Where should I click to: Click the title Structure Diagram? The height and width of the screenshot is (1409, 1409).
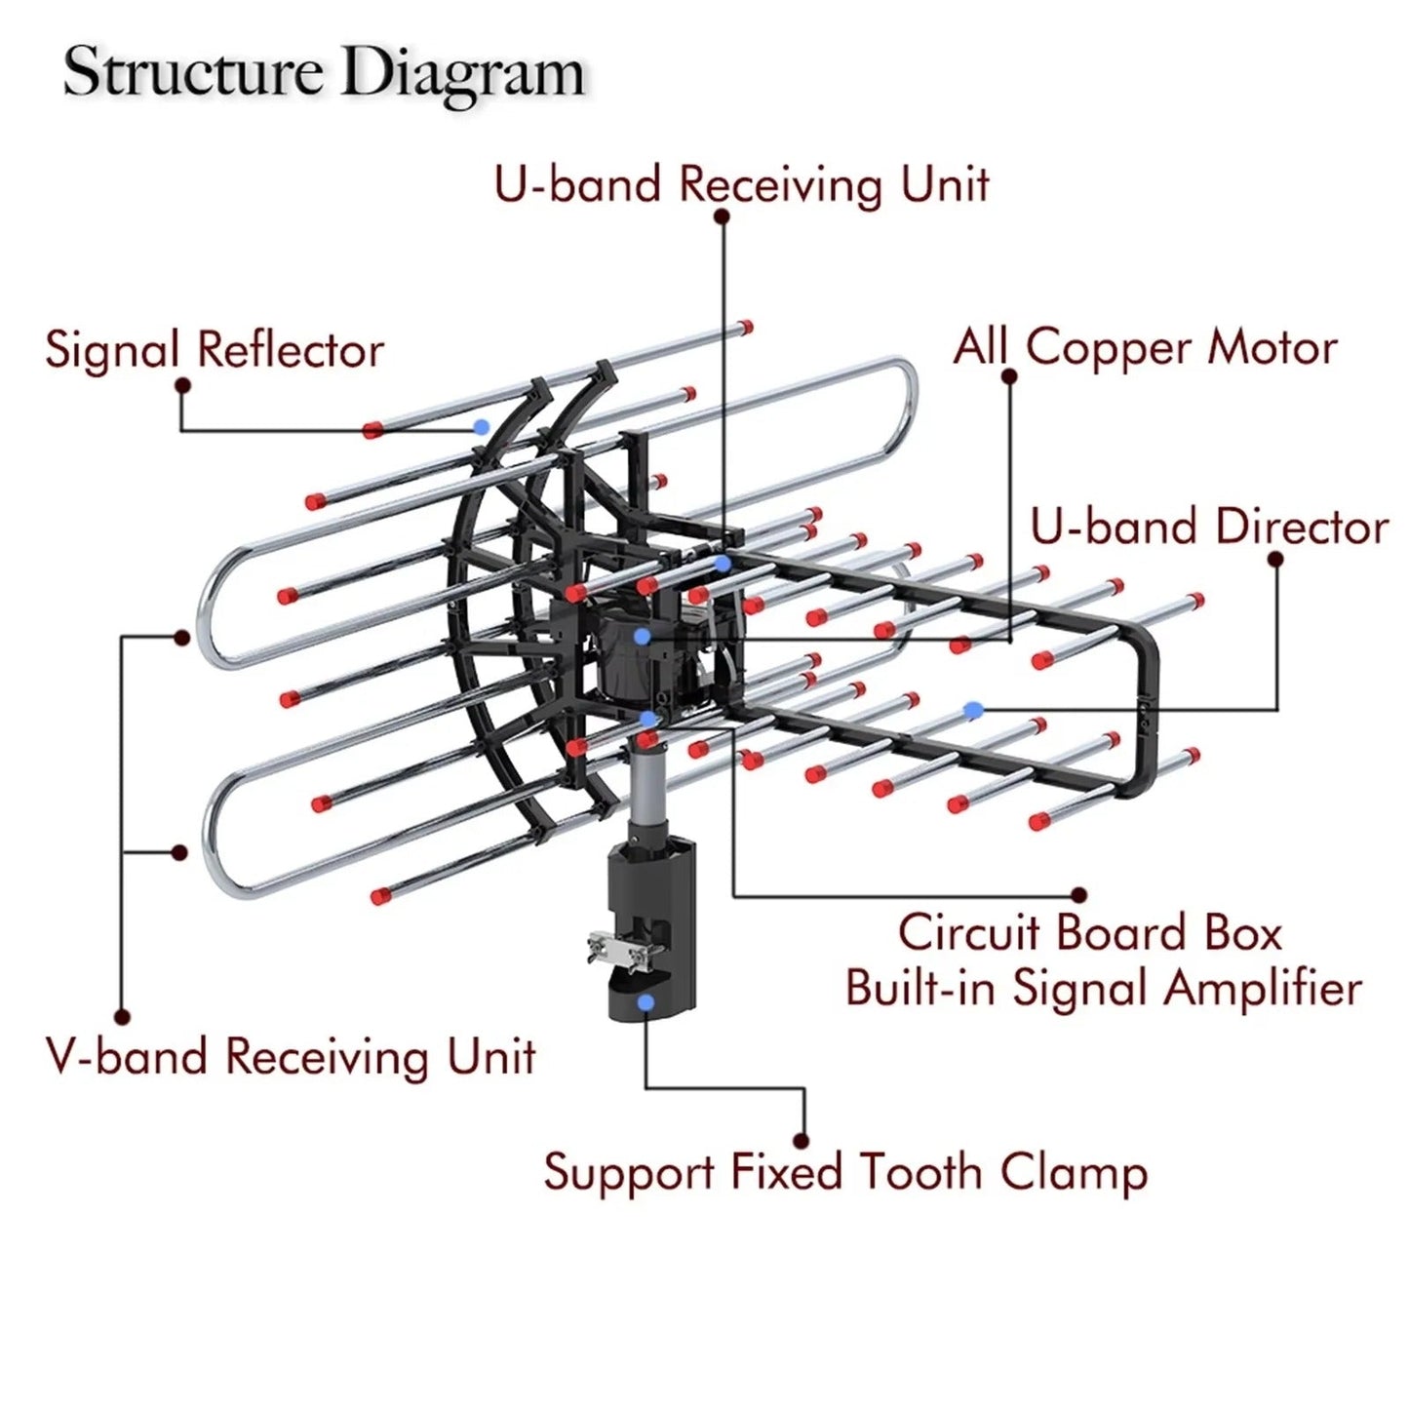324,72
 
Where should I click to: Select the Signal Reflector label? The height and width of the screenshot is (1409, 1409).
215,350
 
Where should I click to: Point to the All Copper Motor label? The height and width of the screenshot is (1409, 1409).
1145,347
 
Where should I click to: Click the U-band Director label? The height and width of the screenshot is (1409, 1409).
1209,527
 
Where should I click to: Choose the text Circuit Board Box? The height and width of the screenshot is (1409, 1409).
1089,932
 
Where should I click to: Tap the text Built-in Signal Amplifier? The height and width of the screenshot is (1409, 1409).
1103,988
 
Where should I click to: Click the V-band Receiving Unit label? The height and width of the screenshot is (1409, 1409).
291,1057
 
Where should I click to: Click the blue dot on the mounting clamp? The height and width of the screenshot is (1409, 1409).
645,1001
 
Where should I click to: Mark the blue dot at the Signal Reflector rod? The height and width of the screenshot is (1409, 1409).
480,426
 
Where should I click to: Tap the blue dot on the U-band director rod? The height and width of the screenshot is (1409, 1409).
970,710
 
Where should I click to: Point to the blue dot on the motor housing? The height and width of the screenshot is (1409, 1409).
642,637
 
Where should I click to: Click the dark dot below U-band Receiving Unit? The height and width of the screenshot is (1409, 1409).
722,216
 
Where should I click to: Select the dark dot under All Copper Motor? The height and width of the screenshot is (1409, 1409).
1009,375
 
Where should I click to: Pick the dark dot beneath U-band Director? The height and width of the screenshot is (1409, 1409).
1275,559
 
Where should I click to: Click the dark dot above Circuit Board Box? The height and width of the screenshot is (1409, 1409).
1078,894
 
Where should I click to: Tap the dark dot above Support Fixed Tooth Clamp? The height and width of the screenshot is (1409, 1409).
802,1140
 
